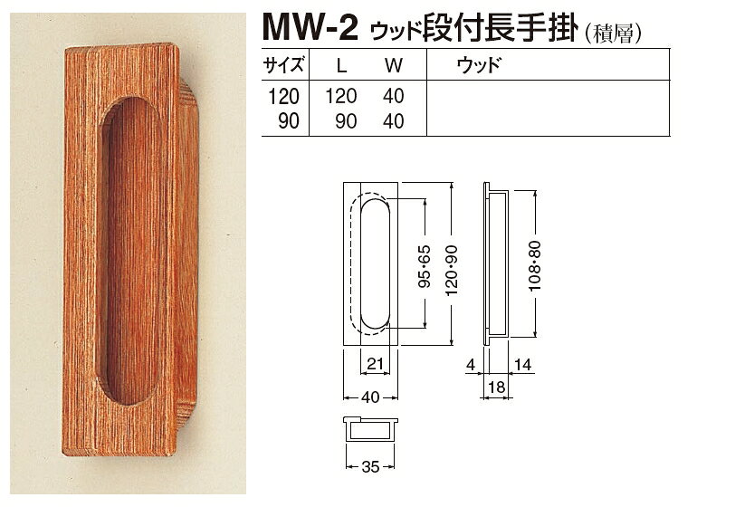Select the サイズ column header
pyautogui.click(x=284, y=64)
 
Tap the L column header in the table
pyautogui.click(x=342, y=66)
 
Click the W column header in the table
pyautogui.click(x=393, y=66)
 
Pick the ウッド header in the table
pyautogui.click(x=479, y=64)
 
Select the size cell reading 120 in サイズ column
pyautogui.click(x=283, y=97)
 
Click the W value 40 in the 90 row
pyautogui.click(x=393, y=121)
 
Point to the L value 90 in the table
pyautogui.click(x=347, y=121)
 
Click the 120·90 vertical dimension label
pyautogui.click(x=452, y=271)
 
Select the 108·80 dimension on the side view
pyautogui.click(x=535, y=266)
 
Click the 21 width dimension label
pyautogui.click(x=376, y=363)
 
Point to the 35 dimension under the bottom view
pyautogui.click(x=370, y=466)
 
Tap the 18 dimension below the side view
pyautogui.click(x=496, y=387)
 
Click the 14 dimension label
pyautogui.click(x=523, y=365)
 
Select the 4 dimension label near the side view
pyautogui.click(x=471, y=365)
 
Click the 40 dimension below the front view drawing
pyautogui.click(x=370, y=397)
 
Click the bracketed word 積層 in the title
pyautogui.click(x=613, y=33)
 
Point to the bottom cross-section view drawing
pyautogui.click(x=370, y=428)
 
